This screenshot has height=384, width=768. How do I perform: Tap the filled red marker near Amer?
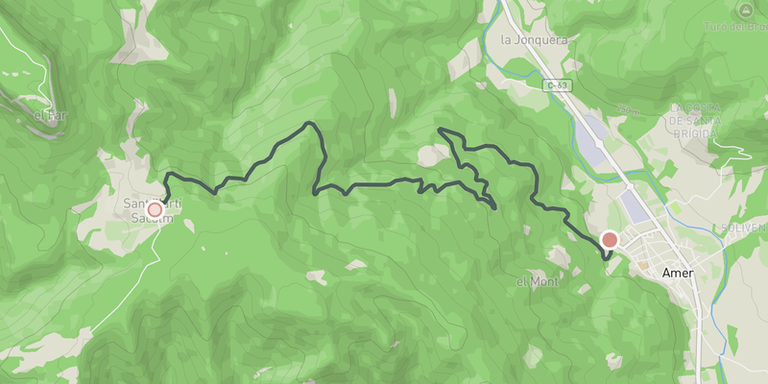(x=609, y=240)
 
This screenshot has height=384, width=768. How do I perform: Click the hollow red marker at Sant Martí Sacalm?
(x=154, y=209)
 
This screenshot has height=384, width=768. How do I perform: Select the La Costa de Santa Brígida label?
(x=705, y=120)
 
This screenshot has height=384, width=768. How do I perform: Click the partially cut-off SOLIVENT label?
(x=746, y=228)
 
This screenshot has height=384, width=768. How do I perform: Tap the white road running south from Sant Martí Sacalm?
(x=134, y=278)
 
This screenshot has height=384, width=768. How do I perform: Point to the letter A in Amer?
(x=667, y=274)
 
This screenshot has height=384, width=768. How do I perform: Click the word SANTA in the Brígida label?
(x=705, y=120)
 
